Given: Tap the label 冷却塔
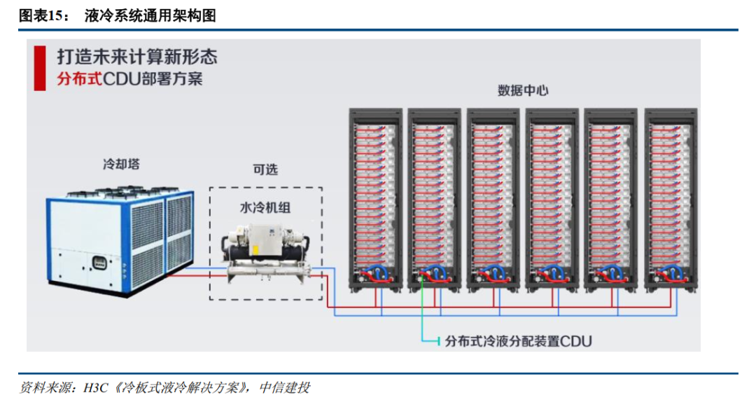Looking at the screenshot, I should pyautogui.click(x=121, y=165).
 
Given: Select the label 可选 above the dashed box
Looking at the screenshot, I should pyautogui.click(x=265, y=170).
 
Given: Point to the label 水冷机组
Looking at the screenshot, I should pyautogui.click(x=265, y=208).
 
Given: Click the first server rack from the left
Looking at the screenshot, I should pyautogui.click(x=375, y=200).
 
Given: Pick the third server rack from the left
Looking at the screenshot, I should pyautogui.click(x=493, y=200).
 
